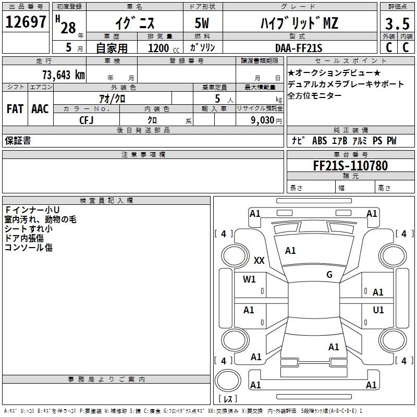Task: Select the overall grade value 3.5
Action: pyautogui.click(x=397, y=24)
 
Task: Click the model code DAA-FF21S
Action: pyautogui.click(x=299, y=48)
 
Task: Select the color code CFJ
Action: pyautogui.click(x=87, y=120)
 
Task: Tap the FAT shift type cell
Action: pyautogui.click(x=15, y=108)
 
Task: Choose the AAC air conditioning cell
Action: pyautogui.click(x=40, y=108)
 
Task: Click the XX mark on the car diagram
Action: pyautogui.click(x=259, y=261)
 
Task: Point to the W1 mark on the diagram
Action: pyautogui.click(x=249, y=279)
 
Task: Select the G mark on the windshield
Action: pyautogui.click(x=329, y=275)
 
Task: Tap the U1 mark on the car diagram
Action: pyautogui.click(x=378, y=310)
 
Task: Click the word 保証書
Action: pyautogui.click(x=18, y=141)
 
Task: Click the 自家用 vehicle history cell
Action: pyautogui.click(x=111, y=48)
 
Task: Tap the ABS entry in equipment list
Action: pyautogui.click(x=319, y=141)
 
